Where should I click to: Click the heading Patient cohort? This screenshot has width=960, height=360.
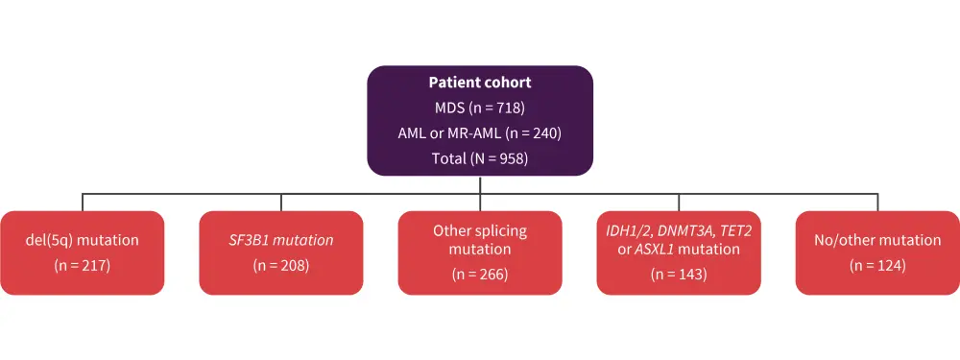pos(479,83)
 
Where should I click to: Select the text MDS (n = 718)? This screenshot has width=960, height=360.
pos(479,108)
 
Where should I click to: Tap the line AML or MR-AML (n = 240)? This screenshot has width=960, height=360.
pos(479,132)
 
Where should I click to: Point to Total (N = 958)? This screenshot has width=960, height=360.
pos(479,158)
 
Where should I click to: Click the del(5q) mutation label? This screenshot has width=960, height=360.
pos(82,240)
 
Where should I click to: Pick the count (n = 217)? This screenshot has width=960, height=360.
pos(82,266)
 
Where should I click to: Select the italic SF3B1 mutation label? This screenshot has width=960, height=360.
pos(281,240)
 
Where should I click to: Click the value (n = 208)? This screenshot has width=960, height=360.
pos(281,266)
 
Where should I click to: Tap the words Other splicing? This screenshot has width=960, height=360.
pos(480,231)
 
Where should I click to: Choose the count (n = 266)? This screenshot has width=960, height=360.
pos(480,275)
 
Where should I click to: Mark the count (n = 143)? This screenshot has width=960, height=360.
pos(679,275)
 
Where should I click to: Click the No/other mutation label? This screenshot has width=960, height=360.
pos(877,240)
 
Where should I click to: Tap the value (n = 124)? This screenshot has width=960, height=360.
pos(877,266)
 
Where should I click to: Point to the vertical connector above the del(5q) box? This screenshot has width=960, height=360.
pos(83,203)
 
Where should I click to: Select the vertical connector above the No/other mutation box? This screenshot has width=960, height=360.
pos(878,203)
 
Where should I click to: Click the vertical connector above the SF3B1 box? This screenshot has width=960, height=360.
pos(281,203)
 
